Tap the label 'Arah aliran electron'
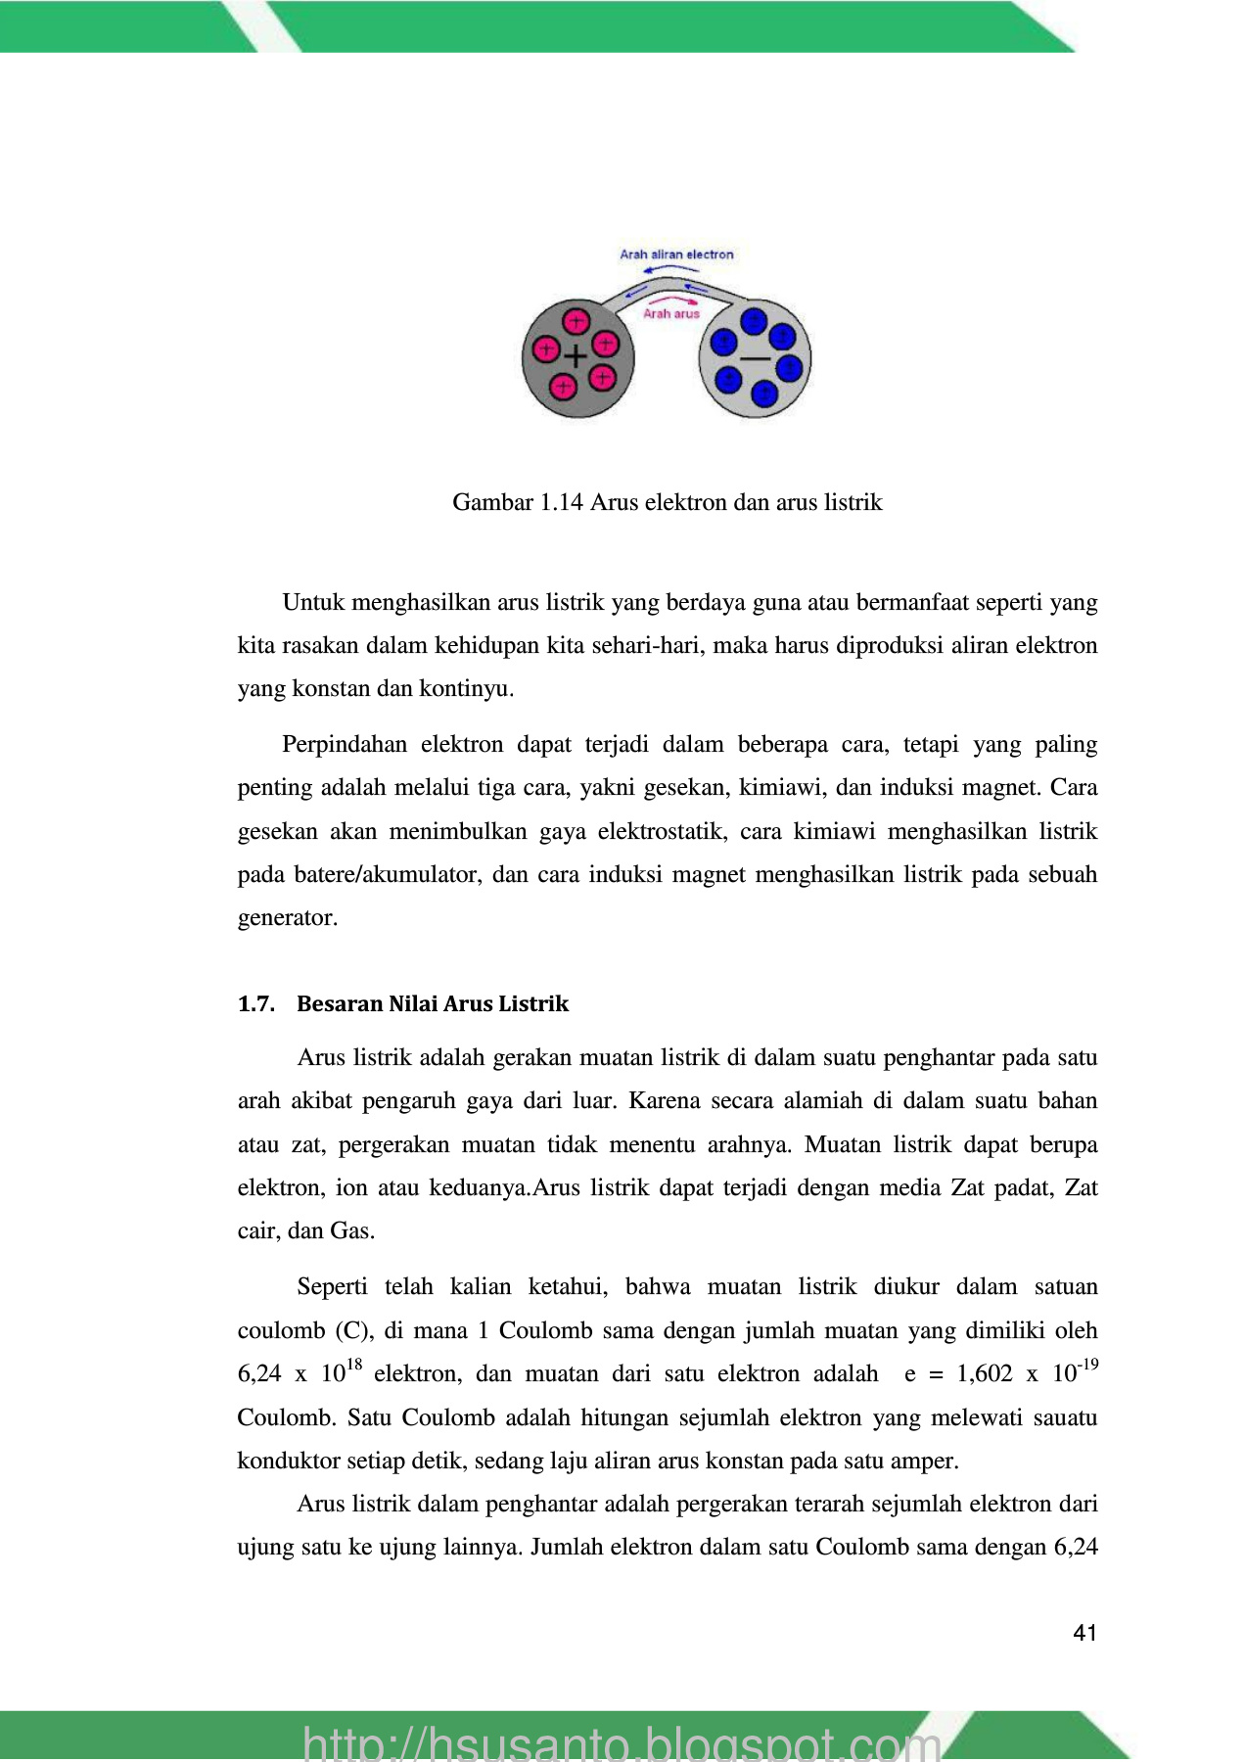tap(676, 255)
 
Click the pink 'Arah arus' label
tap(671, 314)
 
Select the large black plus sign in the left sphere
tap(576, 356)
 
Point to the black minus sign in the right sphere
tap(755, 359)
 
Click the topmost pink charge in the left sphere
tap(576, 320)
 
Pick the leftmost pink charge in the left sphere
tap(544, 348)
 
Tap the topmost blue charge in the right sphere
tap(754, 320)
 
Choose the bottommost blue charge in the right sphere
tap(763, 394)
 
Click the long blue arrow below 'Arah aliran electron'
tap(670, 268)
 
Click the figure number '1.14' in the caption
tap(562, 502)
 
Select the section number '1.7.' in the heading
tap(255, 1004)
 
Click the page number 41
tap(1084, 1633)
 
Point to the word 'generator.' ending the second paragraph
tap(288, 918)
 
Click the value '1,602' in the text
tap(985, 1374)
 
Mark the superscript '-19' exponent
tap(1088, 1365)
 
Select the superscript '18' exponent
tap(354, 1365)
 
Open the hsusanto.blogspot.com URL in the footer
tap(622, 1742)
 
